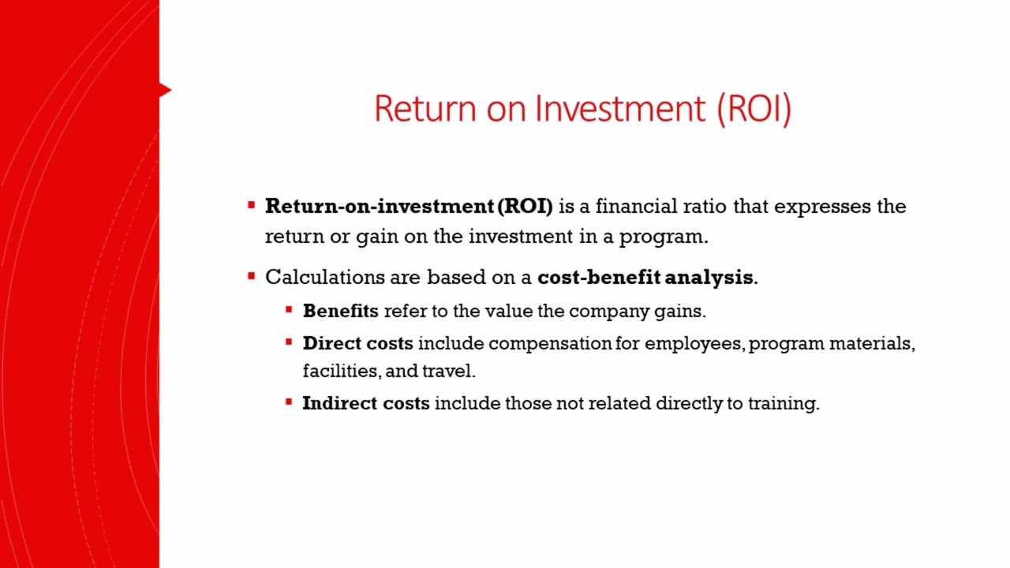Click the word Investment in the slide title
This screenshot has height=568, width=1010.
point(620,108)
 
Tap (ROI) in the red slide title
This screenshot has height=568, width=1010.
point(754,108)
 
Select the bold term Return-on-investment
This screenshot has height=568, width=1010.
point(379,207)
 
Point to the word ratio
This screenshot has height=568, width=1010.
point(707,207)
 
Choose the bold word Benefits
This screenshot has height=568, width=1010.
point(340,311)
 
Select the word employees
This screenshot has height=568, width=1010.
point(694,344)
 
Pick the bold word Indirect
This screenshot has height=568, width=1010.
point(339,403)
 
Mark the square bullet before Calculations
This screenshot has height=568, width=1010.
point(252,276)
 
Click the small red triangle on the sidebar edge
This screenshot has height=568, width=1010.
point(164,90)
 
